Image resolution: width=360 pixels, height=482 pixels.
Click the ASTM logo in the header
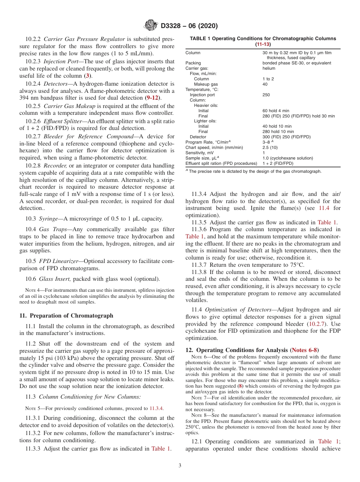pos(151,26)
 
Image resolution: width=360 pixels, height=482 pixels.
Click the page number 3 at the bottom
pos(180,466)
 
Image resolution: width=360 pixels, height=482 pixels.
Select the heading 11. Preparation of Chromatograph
pos(66,315)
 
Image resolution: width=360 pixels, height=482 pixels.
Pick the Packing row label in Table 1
pos(193,63)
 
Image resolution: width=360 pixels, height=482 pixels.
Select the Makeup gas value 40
pos(265,84)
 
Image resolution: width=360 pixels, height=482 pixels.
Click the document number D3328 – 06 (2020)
pos(189,26)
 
